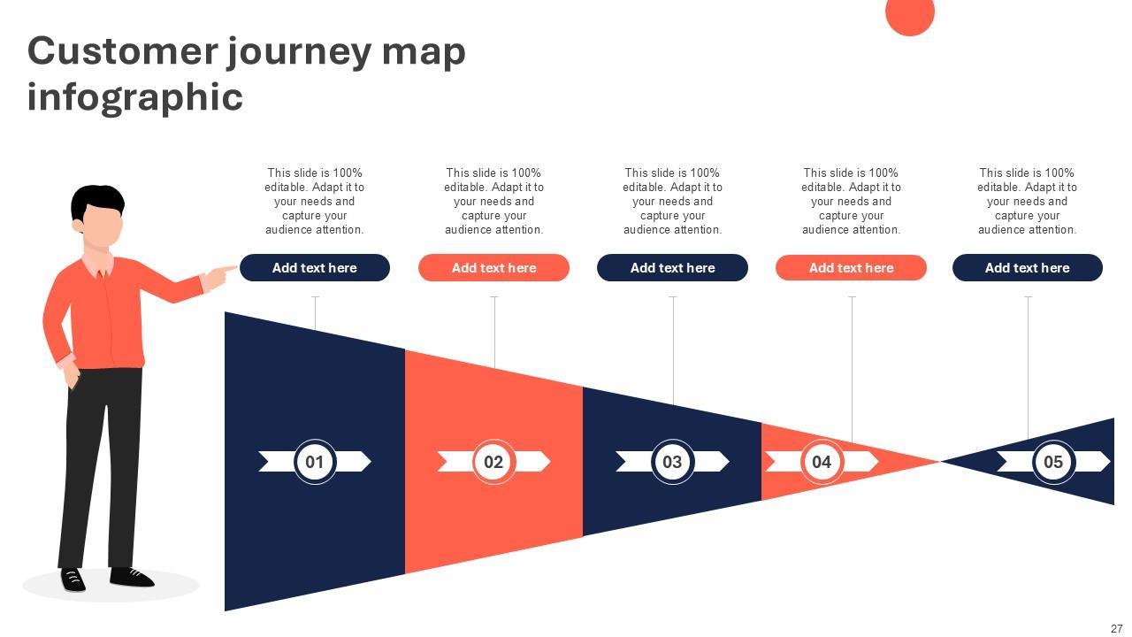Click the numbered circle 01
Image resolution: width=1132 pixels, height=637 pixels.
click(315, 462)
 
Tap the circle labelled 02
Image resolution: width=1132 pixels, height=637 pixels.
click(493, 462)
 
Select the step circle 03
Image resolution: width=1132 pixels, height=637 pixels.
click(672, 462)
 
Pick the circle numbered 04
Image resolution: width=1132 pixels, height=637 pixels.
click(822, 462)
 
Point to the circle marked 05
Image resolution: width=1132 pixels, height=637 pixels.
click(1053, 462)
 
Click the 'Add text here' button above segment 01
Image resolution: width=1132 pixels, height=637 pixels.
click(315, 268)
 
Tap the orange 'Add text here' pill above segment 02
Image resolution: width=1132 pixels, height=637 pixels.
click(493, 268)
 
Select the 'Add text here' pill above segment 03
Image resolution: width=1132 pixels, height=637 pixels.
click(672, 268)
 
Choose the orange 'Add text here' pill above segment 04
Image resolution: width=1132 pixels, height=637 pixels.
click(851, 268)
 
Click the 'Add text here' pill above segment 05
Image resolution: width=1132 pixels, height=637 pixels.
click(1028, 268)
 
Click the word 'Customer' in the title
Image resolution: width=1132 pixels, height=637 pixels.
click(122, 51)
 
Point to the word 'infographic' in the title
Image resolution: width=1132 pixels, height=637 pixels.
click(134, 96)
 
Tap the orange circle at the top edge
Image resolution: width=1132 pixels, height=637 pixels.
click(910, 14)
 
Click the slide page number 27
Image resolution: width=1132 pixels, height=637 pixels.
click(1116, 629)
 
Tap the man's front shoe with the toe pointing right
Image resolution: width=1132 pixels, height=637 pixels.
click(133, 578)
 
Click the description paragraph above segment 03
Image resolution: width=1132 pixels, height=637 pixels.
click(672, 202)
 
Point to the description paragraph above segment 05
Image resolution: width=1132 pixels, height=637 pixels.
click(1028, 202)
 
